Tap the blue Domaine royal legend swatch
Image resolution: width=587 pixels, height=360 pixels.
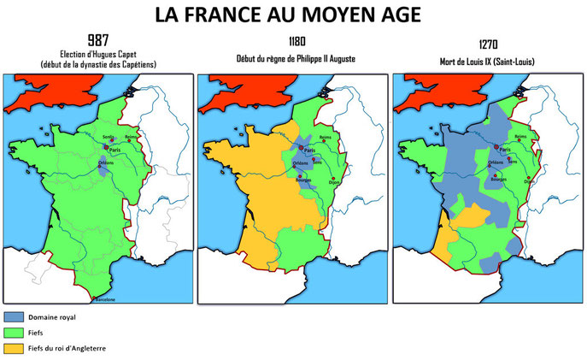pyautogui.click(x=24, y=318)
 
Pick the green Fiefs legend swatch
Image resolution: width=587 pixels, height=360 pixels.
pyautogui.click(x=24, y=333)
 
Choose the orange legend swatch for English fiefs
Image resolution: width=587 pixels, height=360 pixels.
pyautogui.click(x=24, y=348)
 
